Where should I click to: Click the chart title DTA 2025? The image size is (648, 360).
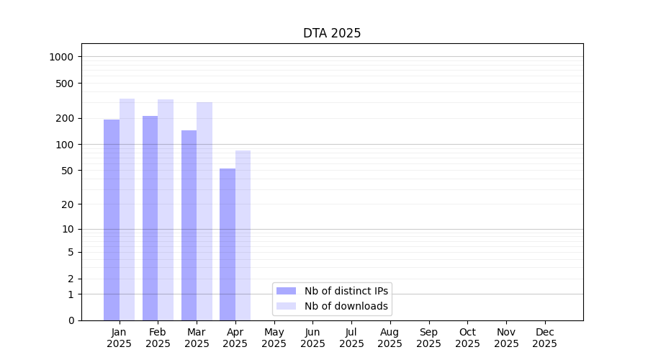[x=331, y=33]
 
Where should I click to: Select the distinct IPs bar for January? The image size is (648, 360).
[x=112, y=220]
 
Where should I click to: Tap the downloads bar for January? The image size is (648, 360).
[x=127, y=209]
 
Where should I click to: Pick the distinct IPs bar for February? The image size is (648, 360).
[x=150, y=217]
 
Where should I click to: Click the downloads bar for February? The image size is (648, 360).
[x=166, y=210]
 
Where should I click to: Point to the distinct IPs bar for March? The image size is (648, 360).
[x=189, y=225]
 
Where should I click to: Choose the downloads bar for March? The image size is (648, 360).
[x=204, y=211]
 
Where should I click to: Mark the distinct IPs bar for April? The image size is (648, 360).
[x=228, y=244]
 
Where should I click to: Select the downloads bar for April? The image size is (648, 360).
[x=243, y=235]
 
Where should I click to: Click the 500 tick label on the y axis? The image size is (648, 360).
[x=64, y=84]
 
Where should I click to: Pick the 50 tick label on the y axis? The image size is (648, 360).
[x=67, y=171]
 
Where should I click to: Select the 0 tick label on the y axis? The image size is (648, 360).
[x=71, y=320]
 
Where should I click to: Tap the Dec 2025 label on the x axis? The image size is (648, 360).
[x=544, y=338]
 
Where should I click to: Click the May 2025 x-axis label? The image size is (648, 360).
[x=274, y=338]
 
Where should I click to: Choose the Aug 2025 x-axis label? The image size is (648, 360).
[x=390, y=338]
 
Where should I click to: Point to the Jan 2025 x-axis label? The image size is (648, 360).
[x=119, y=338]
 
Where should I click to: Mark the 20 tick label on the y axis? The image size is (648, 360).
[x=67, y=204]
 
